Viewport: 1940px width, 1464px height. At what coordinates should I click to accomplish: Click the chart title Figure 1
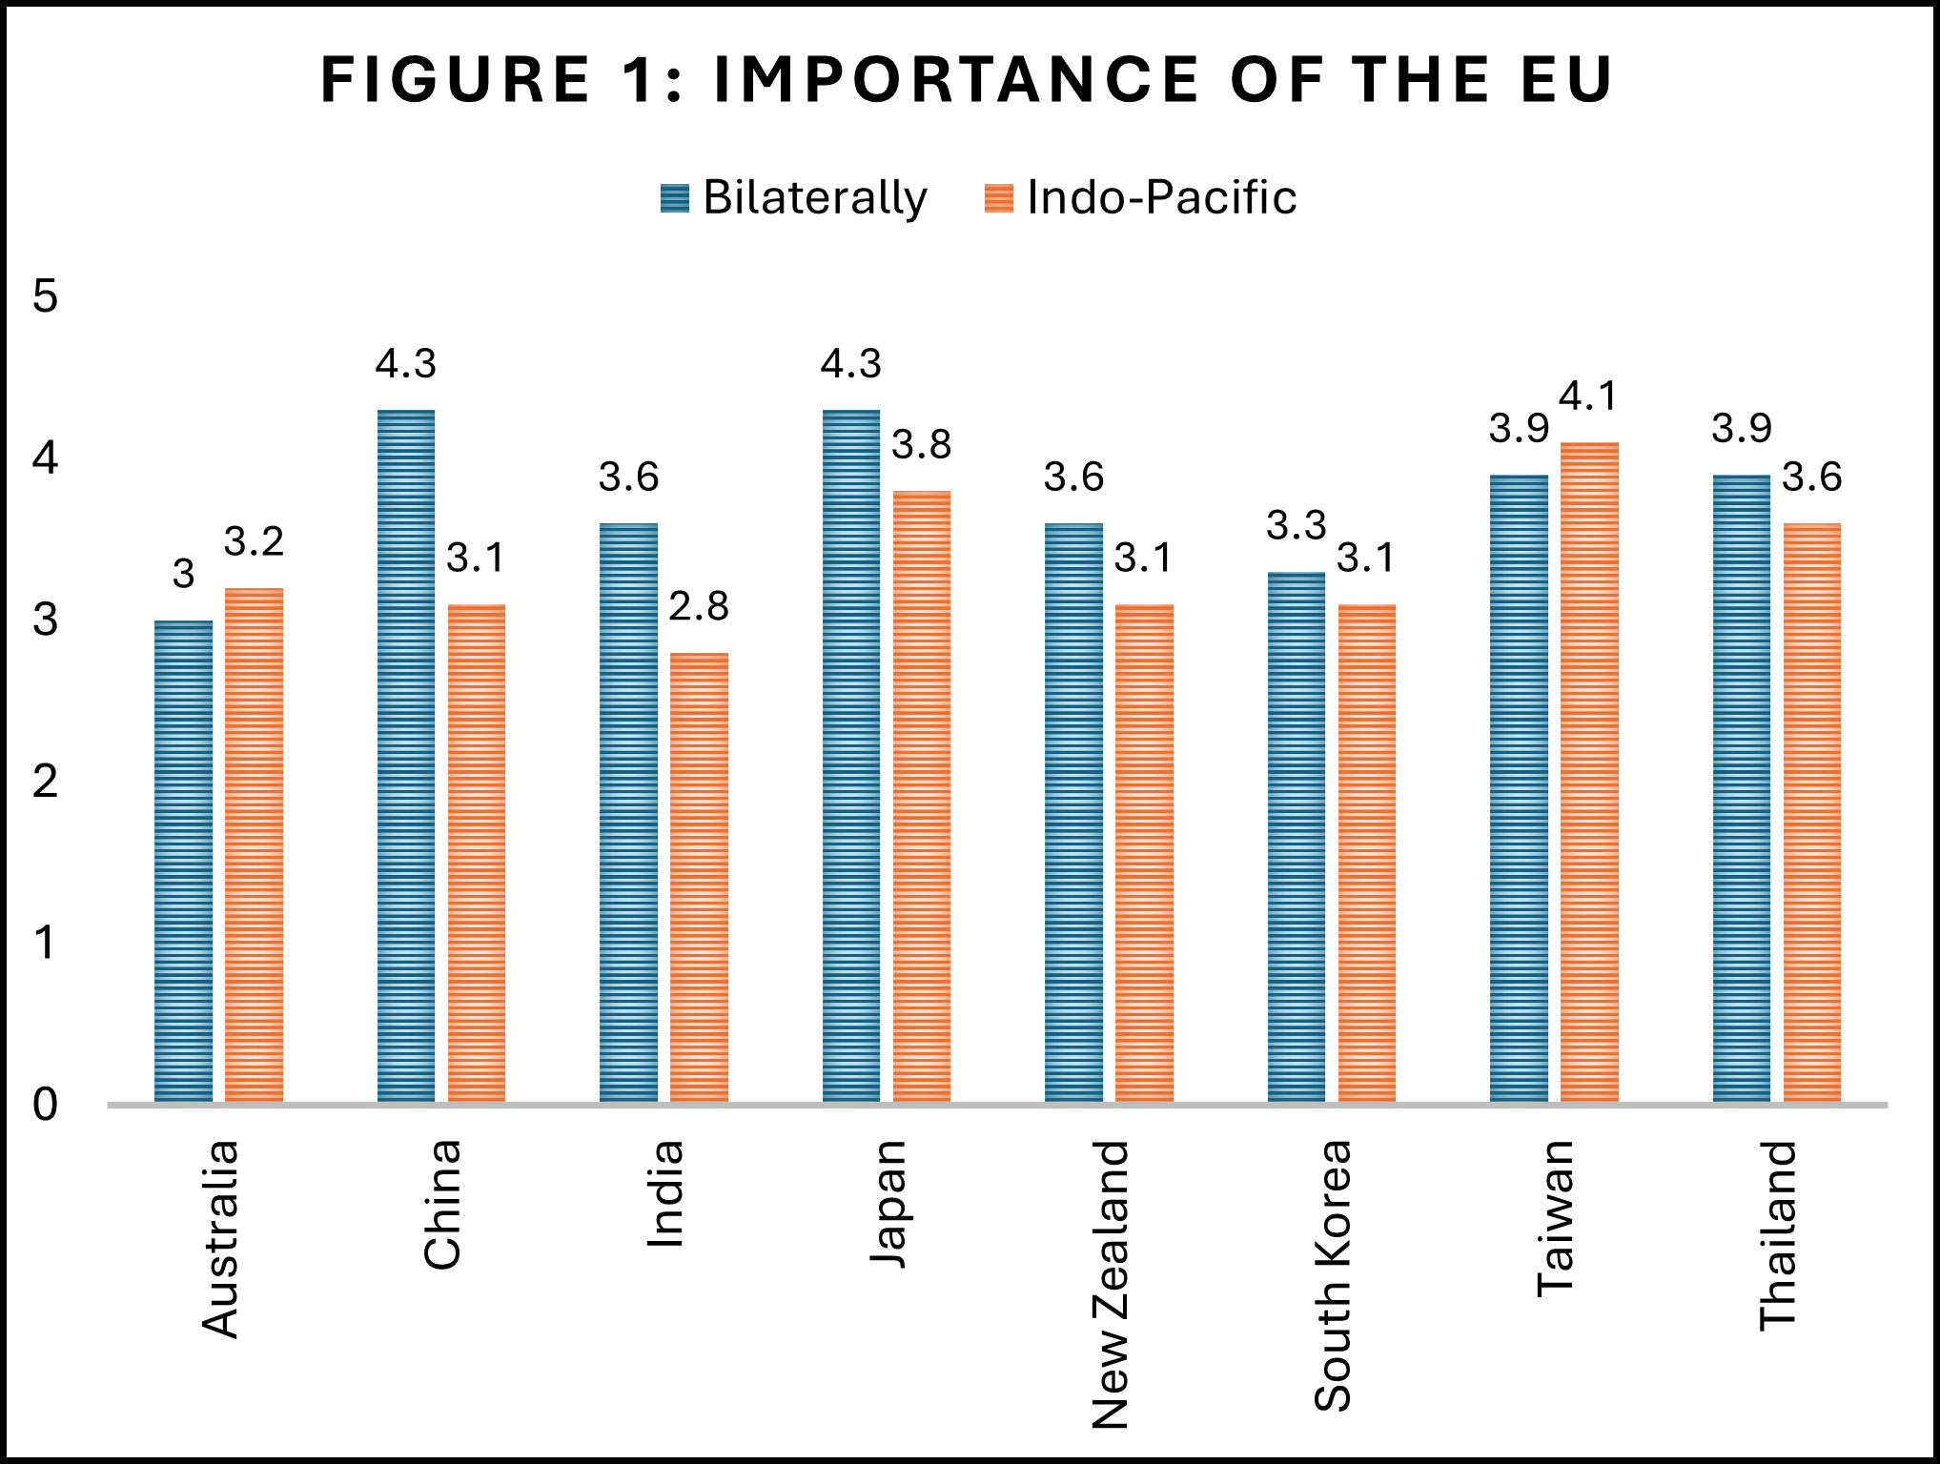967,79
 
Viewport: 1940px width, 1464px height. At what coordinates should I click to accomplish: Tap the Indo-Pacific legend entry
1140,197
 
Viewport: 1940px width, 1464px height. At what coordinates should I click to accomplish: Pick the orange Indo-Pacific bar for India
699,878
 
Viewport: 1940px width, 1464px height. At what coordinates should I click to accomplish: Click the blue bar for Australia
183,862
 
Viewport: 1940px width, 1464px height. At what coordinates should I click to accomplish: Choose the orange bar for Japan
922,797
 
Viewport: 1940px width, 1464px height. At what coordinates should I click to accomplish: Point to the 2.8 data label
699,606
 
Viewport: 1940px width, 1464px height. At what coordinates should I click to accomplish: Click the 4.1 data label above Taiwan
1589,396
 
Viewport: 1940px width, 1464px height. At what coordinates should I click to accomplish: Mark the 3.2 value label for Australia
254,541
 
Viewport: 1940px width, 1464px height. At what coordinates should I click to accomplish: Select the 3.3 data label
1297,525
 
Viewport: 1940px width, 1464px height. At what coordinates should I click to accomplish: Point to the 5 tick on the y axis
45,296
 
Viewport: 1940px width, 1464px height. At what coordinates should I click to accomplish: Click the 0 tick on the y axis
45,1105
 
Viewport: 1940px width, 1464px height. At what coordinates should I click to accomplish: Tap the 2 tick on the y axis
45,782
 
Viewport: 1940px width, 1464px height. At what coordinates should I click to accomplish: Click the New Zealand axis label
1111,1285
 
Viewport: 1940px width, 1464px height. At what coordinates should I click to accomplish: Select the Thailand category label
1778,1235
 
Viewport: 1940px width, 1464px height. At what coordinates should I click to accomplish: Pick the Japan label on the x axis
888,1204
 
